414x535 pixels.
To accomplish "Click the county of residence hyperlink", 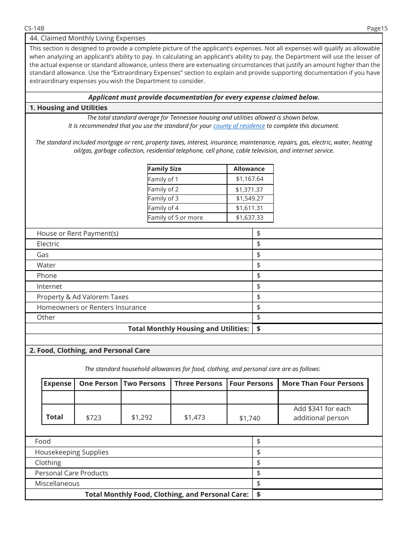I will click(x=239, y=126).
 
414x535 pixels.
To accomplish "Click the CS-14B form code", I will click(x=34, y=28).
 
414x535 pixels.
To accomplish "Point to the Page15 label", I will click(x=377, y=28).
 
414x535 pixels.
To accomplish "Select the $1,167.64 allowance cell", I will click(x=250, y=179).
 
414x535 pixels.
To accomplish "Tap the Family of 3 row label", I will click(x=163, y=198).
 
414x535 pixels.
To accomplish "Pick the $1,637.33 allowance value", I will click(x=250, y=217).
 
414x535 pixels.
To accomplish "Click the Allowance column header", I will click(x=249, y=169).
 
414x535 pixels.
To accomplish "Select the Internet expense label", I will click(x=49, y=286).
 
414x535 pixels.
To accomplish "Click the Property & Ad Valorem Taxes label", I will click(x=82, y=297).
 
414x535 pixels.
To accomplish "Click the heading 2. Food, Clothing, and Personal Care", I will click(x=89, y=351).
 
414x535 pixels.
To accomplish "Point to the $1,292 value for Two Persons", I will click(x=142, y=417).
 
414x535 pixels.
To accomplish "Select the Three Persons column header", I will click(x=198, y=384).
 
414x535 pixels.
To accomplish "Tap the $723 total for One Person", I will click(x=94, y=418).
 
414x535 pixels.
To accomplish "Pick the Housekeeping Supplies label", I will click(x=71, y=452).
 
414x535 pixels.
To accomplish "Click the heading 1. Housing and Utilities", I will click(x=68, y=108).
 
